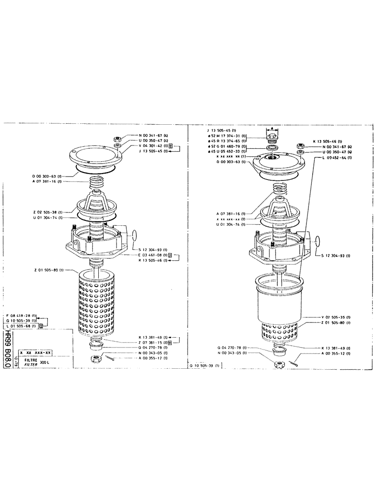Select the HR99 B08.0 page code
click(8, 352)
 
